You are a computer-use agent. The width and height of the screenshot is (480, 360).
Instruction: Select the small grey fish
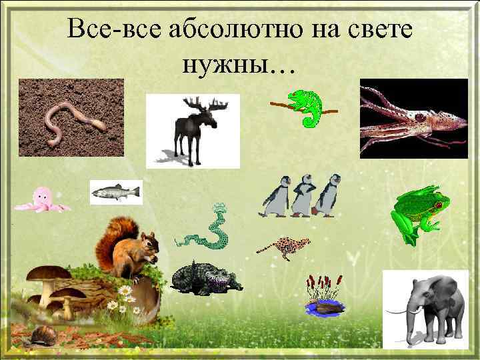[x=115, y=192]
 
